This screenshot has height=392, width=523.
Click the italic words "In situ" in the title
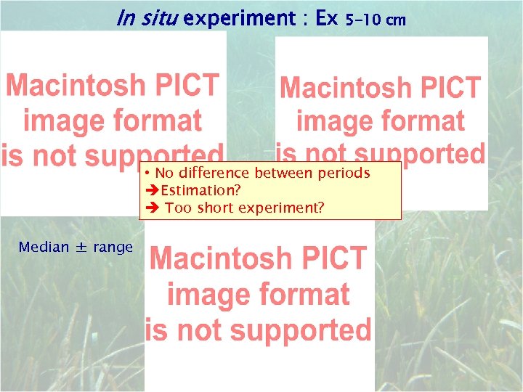click(x=147, y=19)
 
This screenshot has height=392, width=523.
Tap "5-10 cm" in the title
click(x=376, y=20)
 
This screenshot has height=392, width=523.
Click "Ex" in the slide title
click(x=327, y=19)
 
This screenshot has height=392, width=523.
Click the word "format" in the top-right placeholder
click(x=422, y=121)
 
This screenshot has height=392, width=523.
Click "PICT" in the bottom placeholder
click(x=337, y=258)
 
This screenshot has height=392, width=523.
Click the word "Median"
click(x=44, y=247)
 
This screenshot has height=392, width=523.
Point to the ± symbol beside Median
click(x=81, y=248)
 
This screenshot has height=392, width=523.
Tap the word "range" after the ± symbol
click(x=113, y=248)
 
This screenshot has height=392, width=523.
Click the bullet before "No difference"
click(x=147, y=173)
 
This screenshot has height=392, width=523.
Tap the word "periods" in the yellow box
click(x=344, y=173)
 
